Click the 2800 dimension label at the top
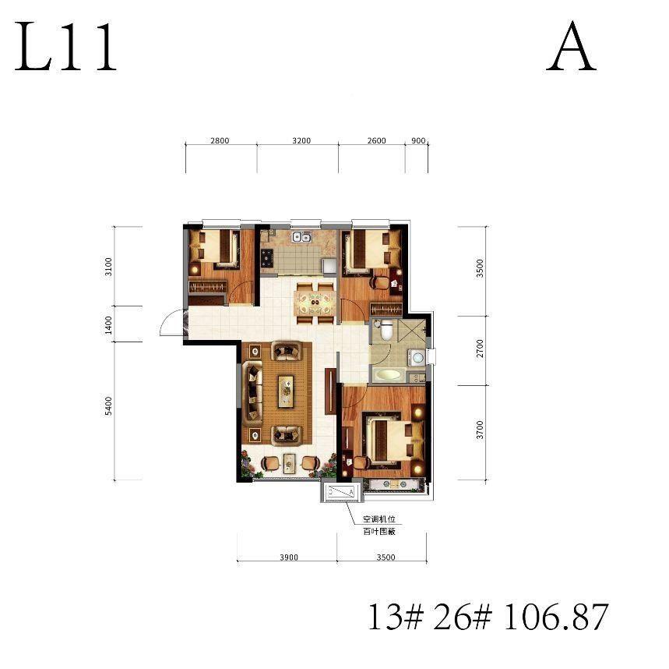tap(220, 140)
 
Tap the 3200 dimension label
tap(301, 140)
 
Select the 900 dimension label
tap(418, 140)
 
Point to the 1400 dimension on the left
tap(108, 325)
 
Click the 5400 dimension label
tap(108, 405)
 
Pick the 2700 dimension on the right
tap(480, 349)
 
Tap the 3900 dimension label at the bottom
tap(289, 557)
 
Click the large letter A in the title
tap(571, 48)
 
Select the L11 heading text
tap(65, 48)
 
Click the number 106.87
tap(556, 618)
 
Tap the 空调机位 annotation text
tap(379, 519)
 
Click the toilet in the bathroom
tap(386, 330)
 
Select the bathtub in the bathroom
tap(387, 376)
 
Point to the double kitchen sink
tap(301, 237)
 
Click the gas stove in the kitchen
tap(268, 257)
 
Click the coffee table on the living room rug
tap(286, 391)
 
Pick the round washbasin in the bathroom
tap(417, 357)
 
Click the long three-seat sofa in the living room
tap(252, 391)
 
